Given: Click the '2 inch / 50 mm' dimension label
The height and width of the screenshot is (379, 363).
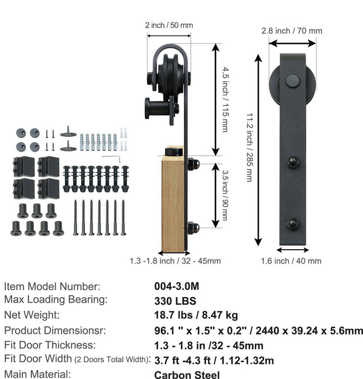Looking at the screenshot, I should point(169,25).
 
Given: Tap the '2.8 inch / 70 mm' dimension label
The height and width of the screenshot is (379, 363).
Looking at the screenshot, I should point(292,30).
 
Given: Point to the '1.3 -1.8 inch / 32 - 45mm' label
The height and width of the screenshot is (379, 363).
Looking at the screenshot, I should point(175,261).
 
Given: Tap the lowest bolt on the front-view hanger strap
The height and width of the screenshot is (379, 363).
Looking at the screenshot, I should point(292,223).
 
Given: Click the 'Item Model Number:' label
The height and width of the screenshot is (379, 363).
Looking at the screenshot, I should point(52,286).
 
